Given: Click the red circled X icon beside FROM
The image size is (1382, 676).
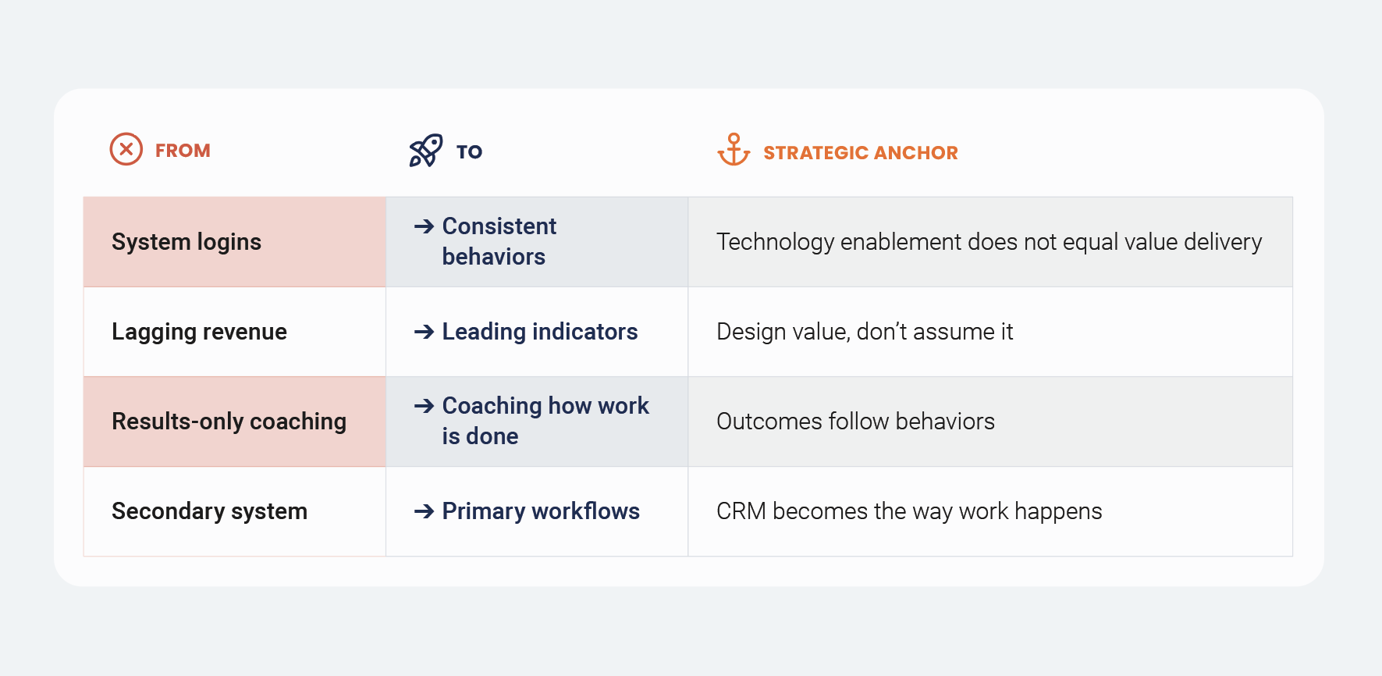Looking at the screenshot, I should pos(126,149).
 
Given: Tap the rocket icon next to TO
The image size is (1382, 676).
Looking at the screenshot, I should pos(425,151).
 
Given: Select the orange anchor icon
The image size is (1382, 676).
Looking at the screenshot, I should pos(734,149).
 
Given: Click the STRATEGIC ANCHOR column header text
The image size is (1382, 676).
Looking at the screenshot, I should pos(860,153).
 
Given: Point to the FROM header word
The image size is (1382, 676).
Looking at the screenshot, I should pos(183,151).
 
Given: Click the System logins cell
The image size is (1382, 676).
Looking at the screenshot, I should pos(187,242).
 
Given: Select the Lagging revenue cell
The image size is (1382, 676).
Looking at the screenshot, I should pos(199,332).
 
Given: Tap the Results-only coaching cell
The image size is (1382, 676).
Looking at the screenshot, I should pos(229,422).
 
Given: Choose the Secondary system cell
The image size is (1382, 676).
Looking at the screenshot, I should pos(209,511).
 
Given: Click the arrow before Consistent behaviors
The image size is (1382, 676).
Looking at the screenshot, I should pos(424,226).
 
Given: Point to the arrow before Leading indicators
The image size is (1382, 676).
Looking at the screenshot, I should pos(424,332).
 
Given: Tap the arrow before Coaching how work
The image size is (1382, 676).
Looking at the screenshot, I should pos(424,406).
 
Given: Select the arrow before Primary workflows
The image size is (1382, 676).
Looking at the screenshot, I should pos(424,511).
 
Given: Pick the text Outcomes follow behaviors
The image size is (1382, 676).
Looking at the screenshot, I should pos(855,422).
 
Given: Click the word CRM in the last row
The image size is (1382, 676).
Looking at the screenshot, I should pos(741,511).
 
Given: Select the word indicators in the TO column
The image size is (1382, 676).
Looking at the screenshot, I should pos(584,332).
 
